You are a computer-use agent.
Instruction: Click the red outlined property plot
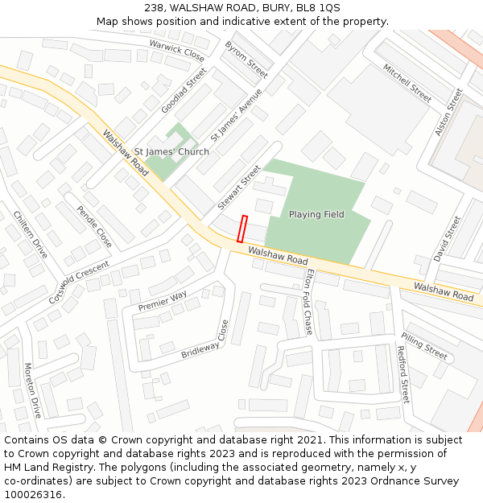[x=242, y=229]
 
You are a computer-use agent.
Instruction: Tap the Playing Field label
[x=316, y=214]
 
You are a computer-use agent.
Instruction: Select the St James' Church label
[x=171, y=151]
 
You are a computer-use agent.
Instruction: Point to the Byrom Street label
[x=246, y=60]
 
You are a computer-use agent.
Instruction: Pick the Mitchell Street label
[x=407, y=83]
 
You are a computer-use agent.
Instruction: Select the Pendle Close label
[x=94, y=226]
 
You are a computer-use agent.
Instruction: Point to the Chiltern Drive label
[x=31, y=235]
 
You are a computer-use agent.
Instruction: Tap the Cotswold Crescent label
[x=78, y=282]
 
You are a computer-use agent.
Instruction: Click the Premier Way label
[x=163, y=301]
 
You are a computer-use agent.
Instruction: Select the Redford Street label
[x=402, y=374]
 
